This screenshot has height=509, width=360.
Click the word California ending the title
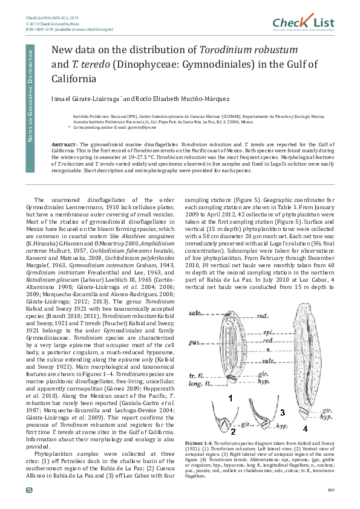73,79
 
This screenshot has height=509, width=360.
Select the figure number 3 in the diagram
282,413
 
